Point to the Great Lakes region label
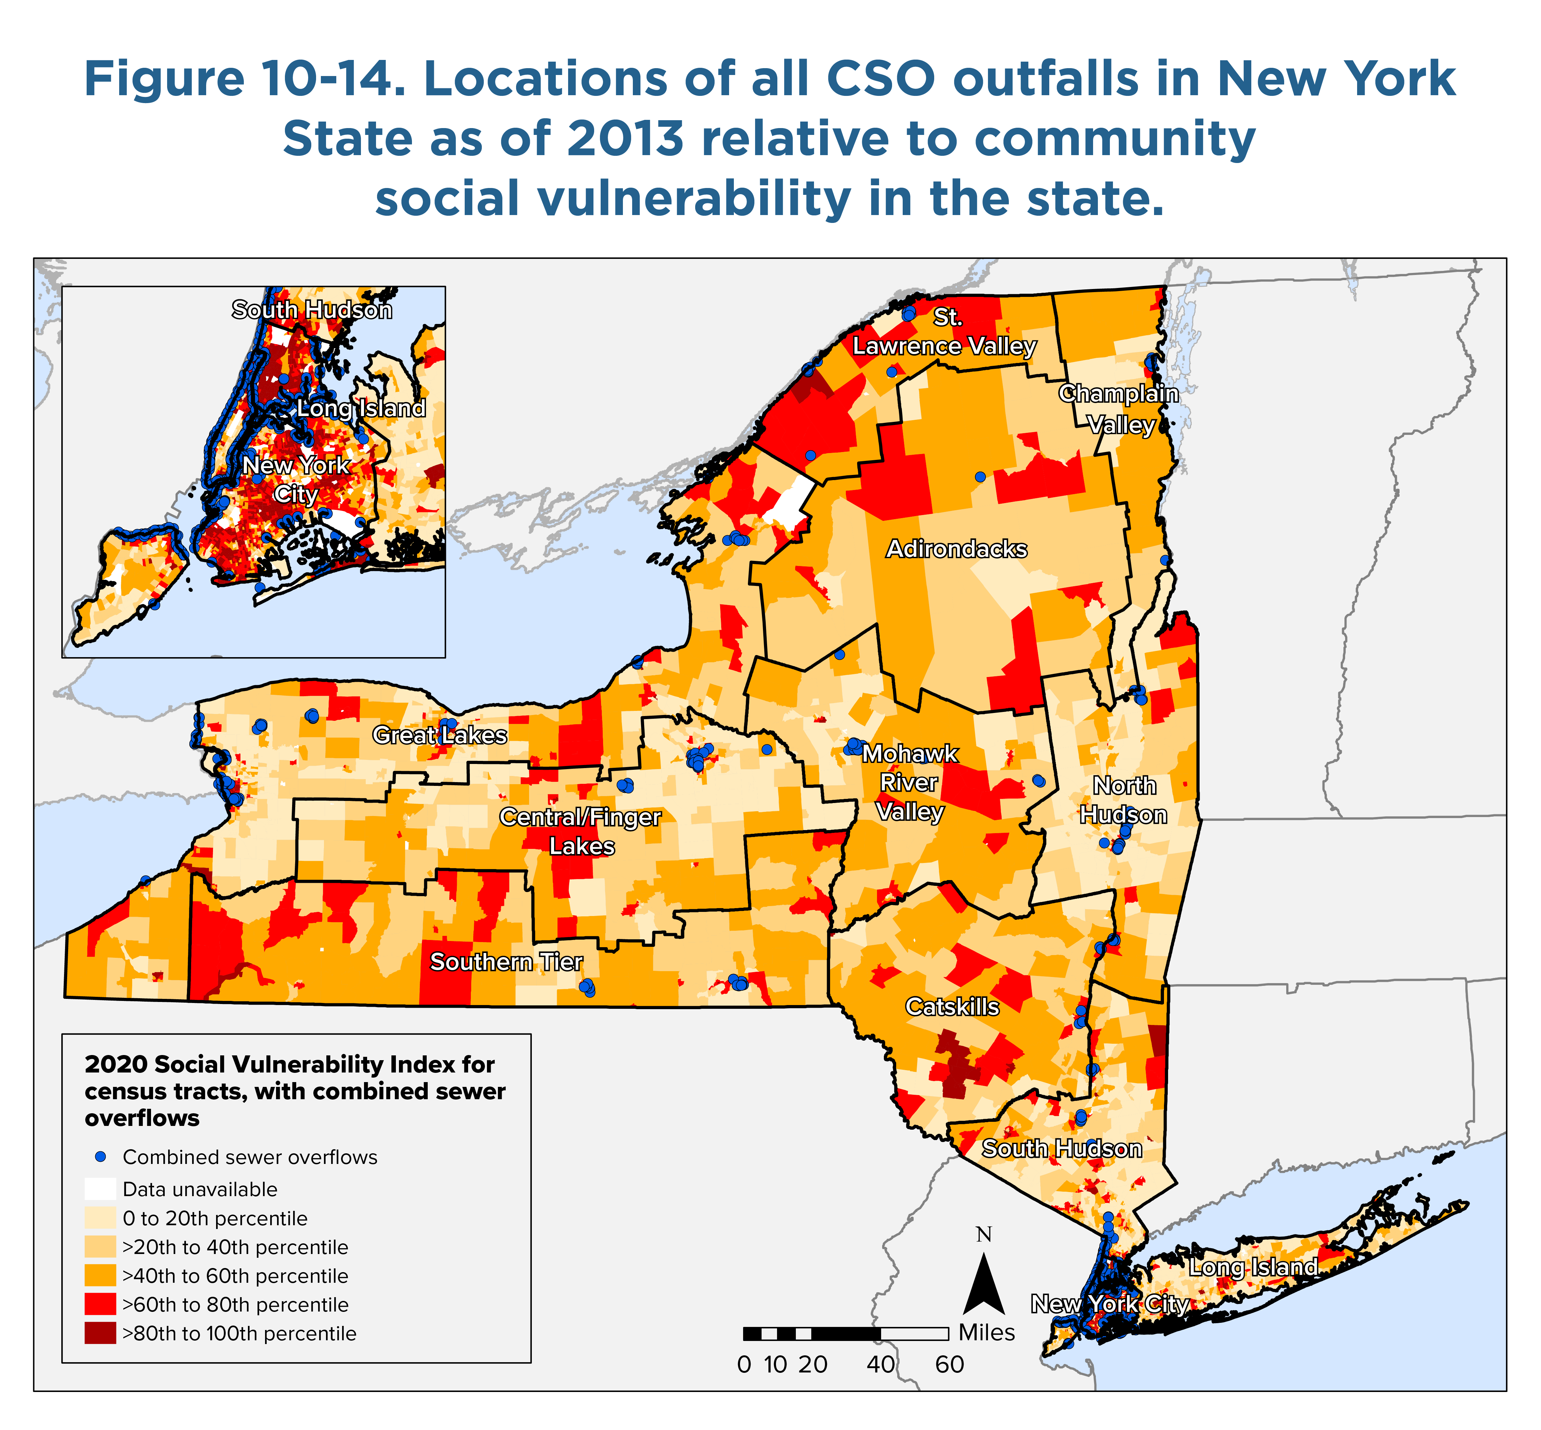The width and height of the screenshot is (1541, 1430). [x=440, y=735]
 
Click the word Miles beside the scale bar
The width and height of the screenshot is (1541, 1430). [x=987, y=1332]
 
